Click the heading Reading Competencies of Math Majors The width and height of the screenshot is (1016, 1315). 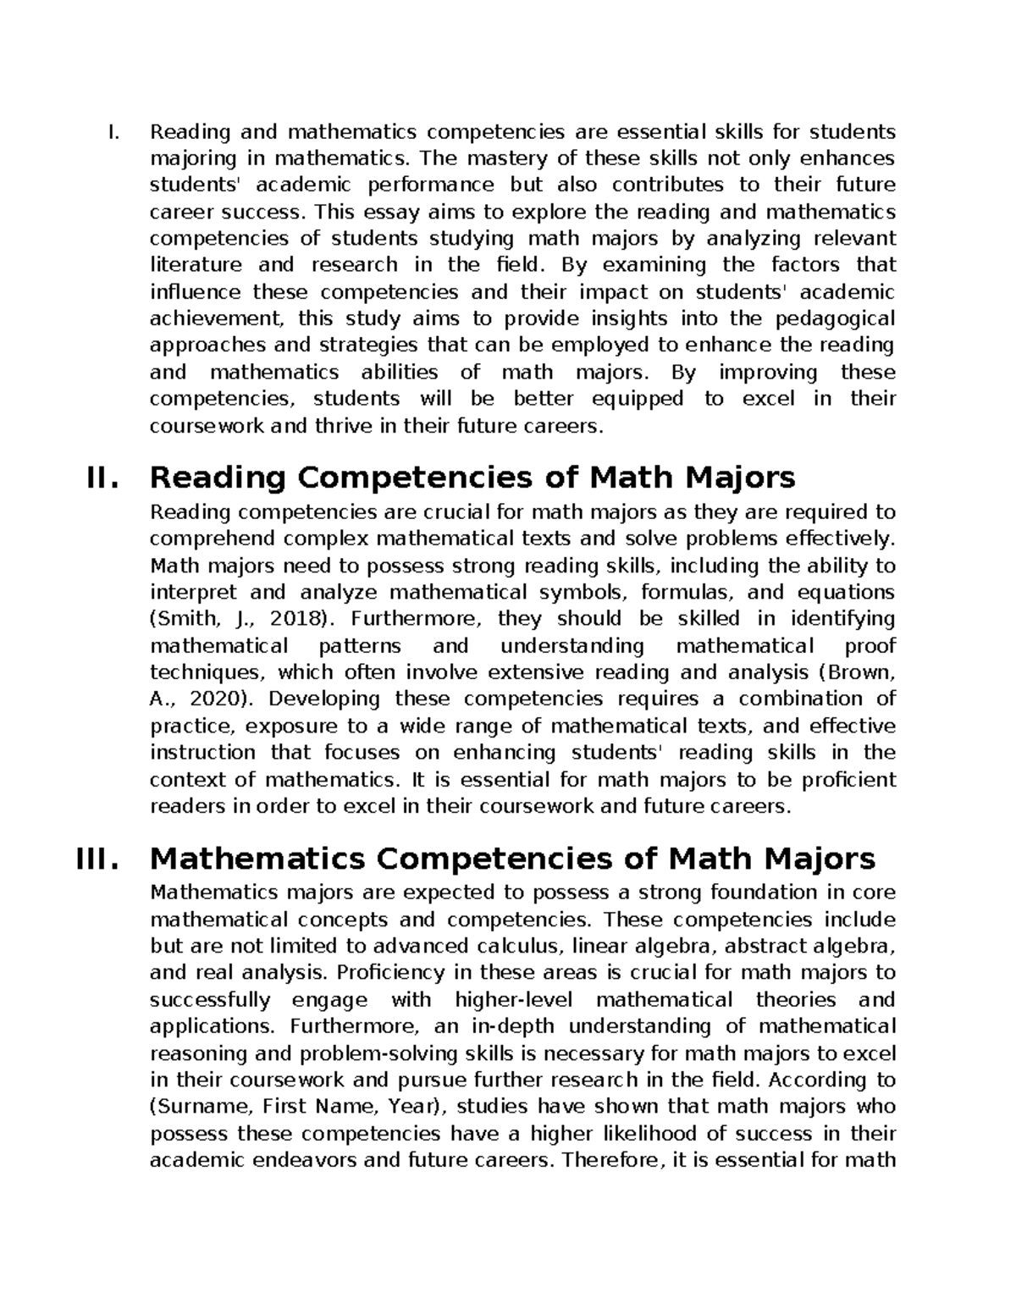coord(472,478)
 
